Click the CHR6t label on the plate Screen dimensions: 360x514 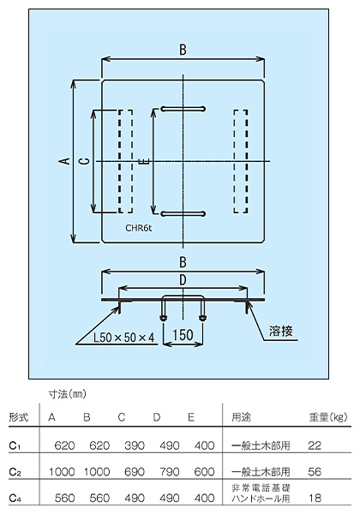tap(138, 228)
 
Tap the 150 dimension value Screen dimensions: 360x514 tap(183, 335)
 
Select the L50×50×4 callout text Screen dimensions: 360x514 tap(123, 338)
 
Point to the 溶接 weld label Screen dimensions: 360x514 tap(280, 331)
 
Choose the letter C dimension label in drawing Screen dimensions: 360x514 tap(85, 161)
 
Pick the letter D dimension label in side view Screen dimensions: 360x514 tap(183, 280)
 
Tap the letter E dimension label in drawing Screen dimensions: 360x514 tap(145, 161)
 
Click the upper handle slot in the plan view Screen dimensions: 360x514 tap(183, 109)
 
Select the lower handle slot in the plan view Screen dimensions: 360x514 tap(183, 214)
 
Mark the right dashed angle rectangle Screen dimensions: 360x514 tap(240, 161)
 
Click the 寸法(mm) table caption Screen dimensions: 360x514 tap(67, 394)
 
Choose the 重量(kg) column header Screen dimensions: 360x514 tap(328, 417)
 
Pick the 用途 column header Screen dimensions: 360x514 tap(242, 417)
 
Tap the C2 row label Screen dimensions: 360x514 tap(15, 472)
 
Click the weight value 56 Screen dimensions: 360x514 tap(315, 471)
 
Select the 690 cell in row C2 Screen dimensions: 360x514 tap(135, 471)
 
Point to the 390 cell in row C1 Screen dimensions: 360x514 tap(135, 445)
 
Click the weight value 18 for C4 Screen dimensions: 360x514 tap(315, 498)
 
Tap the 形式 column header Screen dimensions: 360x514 tap(19, 417)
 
